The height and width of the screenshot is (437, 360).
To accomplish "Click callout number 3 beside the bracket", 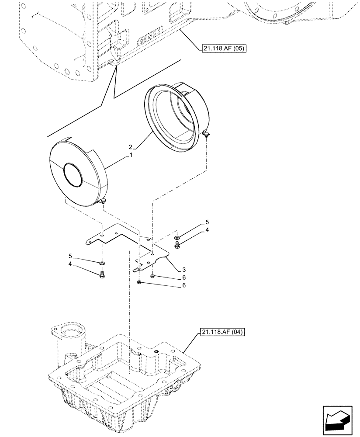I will [178, 270].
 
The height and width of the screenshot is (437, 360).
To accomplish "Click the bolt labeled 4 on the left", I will [102, 274].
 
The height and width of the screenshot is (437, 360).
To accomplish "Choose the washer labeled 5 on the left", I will [102, 264].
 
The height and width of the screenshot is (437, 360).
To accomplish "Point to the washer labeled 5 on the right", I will [177, 238].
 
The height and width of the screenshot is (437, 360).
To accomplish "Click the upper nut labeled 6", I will [152, 277].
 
